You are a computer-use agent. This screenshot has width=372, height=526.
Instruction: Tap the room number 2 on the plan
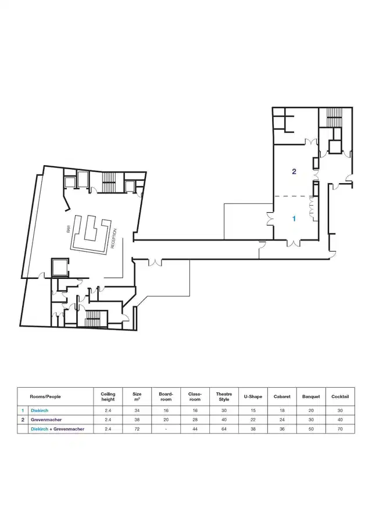pyautogui.click(x=294, y=171)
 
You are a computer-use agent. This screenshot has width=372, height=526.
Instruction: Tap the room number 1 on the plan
pyautogui.click(x=294, y=219)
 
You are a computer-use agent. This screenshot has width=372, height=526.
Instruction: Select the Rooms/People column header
pyautogui.click(x=45, y=396)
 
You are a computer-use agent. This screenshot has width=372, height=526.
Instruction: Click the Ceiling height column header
pyautogui.click(x=108, y=396)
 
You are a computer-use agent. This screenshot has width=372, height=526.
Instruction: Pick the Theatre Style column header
pyautogui.click(x=224, y=396)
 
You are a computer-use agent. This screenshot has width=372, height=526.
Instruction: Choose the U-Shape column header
pyautogui.click(x=253, y=396)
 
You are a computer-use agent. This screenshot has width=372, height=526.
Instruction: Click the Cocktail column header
pyautogui.click(x=340, y=396)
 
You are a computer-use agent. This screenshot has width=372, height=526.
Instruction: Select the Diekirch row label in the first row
pyautogui.click(x=40, y=410)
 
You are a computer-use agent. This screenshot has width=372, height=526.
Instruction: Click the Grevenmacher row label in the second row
pyautogui.click(x=46, y=420)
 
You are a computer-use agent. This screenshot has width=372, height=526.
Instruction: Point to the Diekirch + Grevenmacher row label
pyautogui.click(x=57, y=429)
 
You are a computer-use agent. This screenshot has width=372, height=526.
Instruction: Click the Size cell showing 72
pyautogui.click(x=137, y=429)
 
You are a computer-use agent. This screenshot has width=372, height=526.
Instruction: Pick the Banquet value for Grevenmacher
pyautogui.click(x=311, y=420)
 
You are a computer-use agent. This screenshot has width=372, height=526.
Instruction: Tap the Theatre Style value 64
pyautogui.click(x=224, y=429)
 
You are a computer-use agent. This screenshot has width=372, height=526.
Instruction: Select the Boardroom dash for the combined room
pyautogui.click(x=166, y=429)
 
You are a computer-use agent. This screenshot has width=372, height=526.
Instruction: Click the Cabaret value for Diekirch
pyautogui.click(x=282, y=410)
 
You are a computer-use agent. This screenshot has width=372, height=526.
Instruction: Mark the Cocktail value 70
pyautogui.click(x=340, y=429)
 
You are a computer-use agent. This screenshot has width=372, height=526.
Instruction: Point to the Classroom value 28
pyautogui.click(x=195, y=420)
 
